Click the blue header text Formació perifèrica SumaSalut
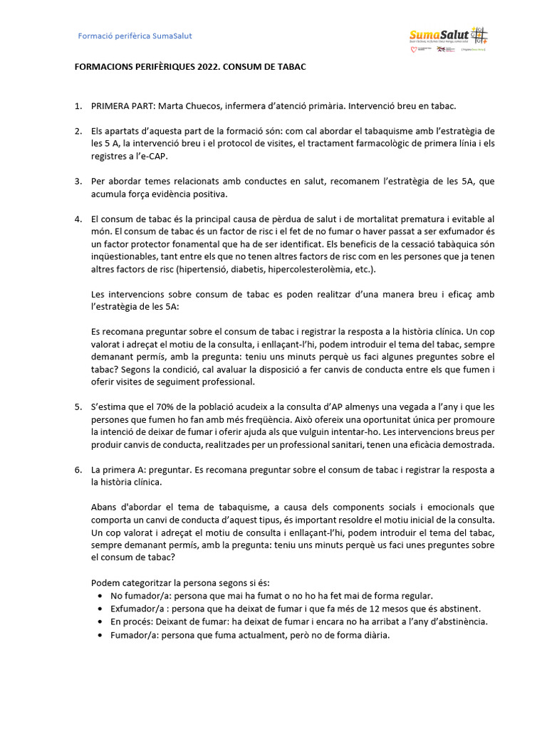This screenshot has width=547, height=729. [x=135, y=36]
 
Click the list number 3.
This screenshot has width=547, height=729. [x=78, y=182]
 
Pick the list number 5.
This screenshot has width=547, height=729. [x=78, y=407]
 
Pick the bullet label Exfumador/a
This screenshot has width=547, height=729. [x=135, y=609]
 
